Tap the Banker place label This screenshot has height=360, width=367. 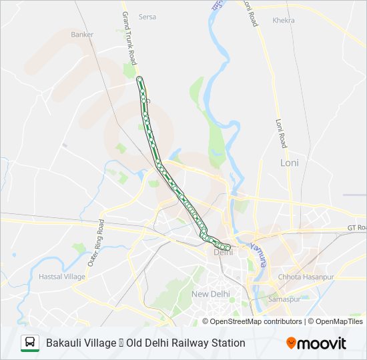(x=82, y=34)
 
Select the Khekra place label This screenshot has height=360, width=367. (x=284, y=21)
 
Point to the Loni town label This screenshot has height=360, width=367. (x=290, y=163)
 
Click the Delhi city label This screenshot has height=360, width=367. (x=222, y=252)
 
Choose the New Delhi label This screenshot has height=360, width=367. (x=210, y=294)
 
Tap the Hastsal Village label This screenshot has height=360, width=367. (x=62, y=276)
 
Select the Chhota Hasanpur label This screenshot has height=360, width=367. (x=300, y=276)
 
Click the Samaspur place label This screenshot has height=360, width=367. (x=285, y=299)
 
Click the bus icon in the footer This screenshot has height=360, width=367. (x=30, y=343)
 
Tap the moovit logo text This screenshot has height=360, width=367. (x=322, y=343)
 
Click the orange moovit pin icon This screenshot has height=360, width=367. (x=292, y=343)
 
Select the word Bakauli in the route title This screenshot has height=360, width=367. (x=64, y=343)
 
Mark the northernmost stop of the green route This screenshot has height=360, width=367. (x=139, y=79)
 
